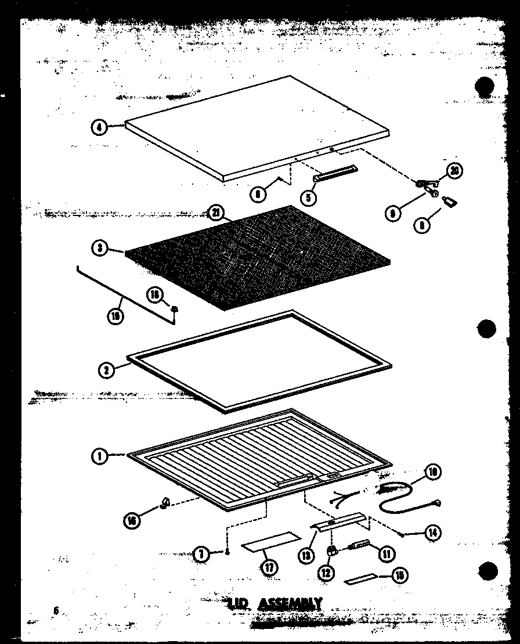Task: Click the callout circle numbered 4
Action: point(99,127)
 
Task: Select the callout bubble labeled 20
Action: point(455,171)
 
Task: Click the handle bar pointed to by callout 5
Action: point(335,172)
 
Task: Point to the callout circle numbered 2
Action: point(105,368)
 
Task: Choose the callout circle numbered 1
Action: point(99,456)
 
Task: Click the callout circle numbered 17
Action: point(269,567)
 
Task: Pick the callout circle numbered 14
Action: point(432,532)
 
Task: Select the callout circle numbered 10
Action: point(432,473)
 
